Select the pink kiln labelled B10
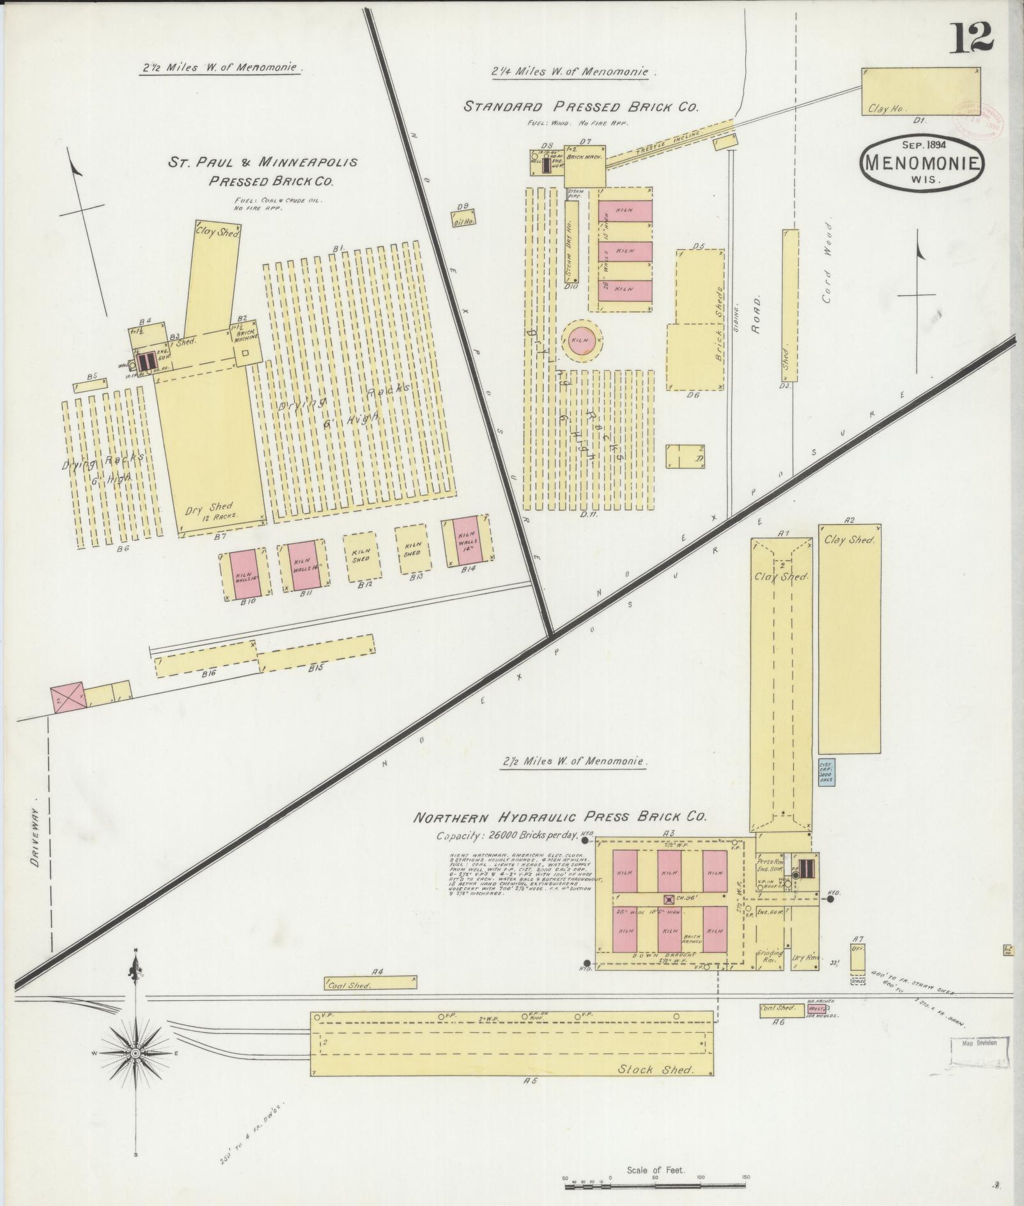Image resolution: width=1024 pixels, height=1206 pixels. pyautogui.click(x=245, y=573)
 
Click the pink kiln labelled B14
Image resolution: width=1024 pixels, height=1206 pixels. pyautogui.click(x=467, y=541)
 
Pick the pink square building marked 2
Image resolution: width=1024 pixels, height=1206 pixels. pyautogui.click(x=68, y=697)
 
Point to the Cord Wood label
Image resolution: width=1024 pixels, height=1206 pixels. pyautogui.click(x=828, y=255)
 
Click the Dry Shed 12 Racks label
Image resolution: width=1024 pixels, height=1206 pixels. pyautogui.click(x=213, y=510)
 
